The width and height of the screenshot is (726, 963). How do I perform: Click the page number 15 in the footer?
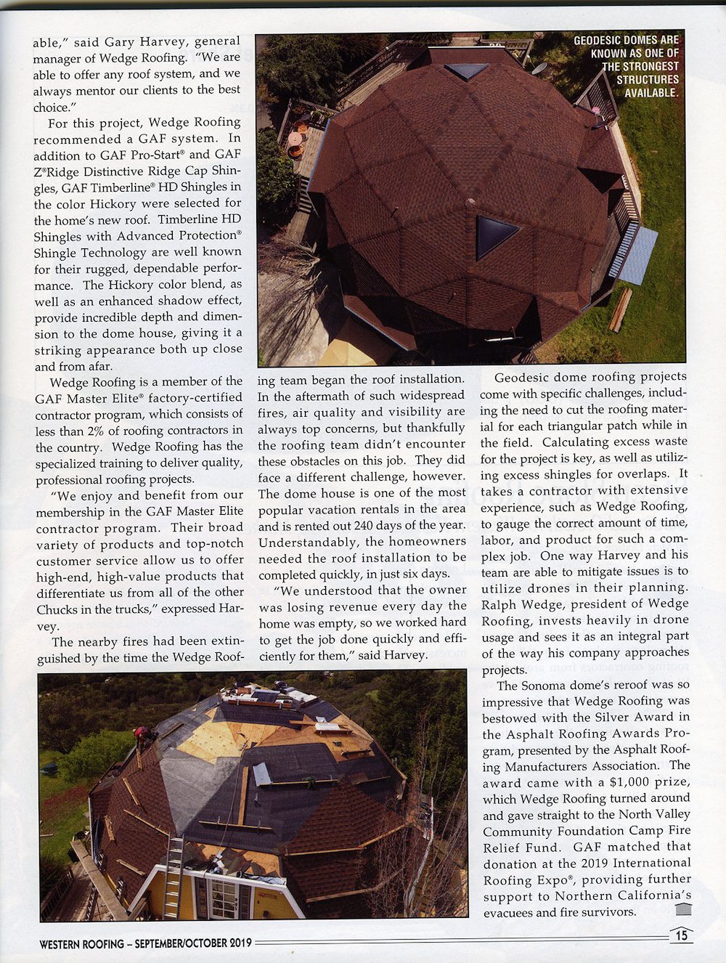click(682, 936)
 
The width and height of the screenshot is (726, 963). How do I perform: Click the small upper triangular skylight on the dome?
click(465, 71)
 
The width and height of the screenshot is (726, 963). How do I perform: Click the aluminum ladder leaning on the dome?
click(174, 875)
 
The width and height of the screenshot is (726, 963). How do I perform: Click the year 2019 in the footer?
click(236, 943)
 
